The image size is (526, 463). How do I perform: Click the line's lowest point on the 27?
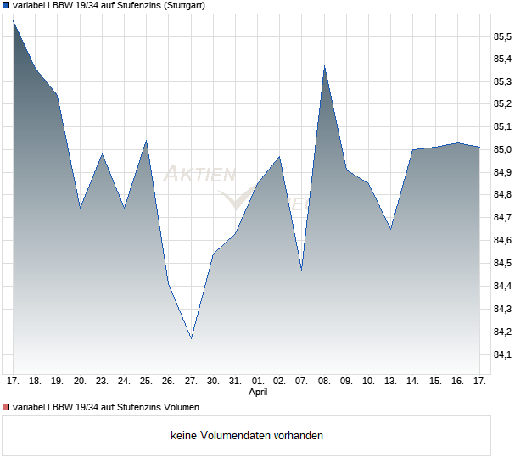(x=191, y=339)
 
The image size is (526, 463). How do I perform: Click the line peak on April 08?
(x=324, y=66)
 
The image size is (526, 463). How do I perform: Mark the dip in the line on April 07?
(x=301, y=270)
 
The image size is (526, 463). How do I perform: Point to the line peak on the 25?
(x=147, y=141)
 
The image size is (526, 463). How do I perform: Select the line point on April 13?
(x=390, y=229)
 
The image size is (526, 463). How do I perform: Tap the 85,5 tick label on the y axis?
(x=503, y=36)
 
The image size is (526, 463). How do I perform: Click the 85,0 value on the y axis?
(x=503, y=150)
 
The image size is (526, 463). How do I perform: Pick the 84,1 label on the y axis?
(x=503, y=354)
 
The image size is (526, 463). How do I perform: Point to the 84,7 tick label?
(x=503, y=218)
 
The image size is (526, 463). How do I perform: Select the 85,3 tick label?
(x=503, y=82)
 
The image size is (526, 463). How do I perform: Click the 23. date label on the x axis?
(x=102, y=382)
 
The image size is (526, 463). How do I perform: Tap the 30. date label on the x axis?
(x=213, y=382)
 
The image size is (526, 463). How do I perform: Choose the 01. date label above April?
(x=258, y=382)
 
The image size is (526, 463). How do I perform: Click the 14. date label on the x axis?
(x=413, y=382)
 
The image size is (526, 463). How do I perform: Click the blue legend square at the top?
(x=6, y=5)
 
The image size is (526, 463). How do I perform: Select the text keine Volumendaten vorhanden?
(x=247, y=436)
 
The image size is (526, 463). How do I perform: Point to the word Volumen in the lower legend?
(x=182, y=408)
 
